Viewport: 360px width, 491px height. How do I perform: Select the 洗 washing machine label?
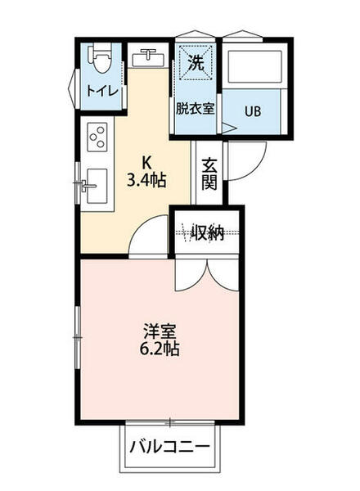click(197, 62)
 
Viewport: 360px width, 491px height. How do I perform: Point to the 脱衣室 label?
click(195, 108)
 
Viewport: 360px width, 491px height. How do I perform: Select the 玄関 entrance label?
click(209, 173)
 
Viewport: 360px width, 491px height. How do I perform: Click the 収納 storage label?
click(208, 232)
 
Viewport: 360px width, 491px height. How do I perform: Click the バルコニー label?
click(171, 447)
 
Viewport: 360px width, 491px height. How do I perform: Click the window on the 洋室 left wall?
click(78, 336)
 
